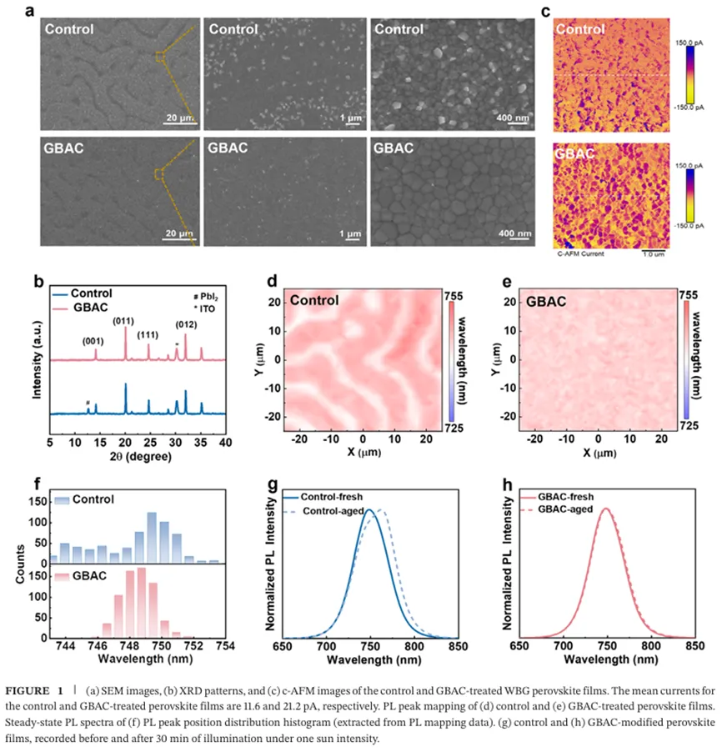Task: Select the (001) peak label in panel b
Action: pyautogui.click(x=93, y=340)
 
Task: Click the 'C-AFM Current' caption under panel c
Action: pyautogui.click(x=580, y=253)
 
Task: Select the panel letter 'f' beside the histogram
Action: pyautogui.click(x=38, y=485)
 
